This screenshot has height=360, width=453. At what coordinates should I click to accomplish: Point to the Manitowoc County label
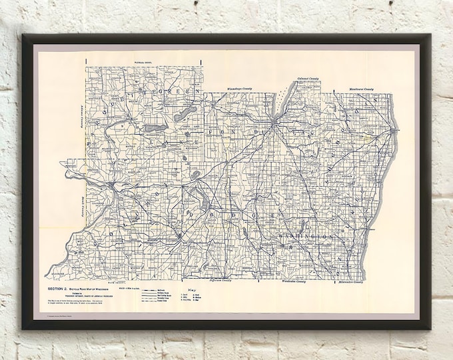coord(360,88)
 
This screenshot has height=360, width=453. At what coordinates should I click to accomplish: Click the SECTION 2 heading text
coord(59,270)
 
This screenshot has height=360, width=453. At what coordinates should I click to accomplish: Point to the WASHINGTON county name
coord(305,235)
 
